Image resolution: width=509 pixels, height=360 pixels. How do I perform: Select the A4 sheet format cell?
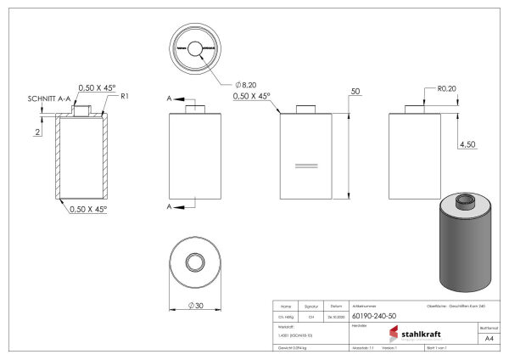tap(489, 338)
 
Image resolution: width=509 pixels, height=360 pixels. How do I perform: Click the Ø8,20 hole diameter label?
tap(247, 85)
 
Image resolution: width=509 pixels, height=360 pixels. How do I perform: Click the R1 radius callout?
tap(124, 97)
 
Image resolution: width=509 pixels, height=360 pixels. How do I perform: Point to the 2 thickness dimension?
tap(38, 132)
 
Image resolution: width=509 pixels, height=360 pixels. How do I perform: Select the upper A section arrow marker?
tap(171, 99)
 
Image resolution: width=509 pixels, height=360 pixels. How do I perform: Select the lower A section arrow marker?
tap(171, 206)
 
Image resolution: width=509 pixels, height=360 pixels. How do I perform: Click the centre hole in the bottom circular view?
tap(195, 262)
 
